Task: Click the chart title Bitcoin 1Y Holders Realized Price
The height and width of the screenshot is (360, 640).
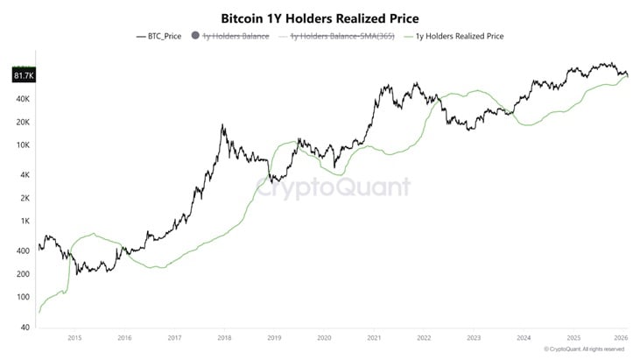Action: [x=320, y=17]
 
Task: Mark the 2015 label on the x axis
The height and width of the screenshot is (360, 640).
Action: [x=74, y=336]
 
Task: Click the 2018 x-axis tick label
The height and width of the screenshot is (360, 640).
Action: [x=224, y=336]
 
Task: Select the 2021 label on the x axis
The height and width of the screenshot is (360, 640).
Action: [x=374, y=336]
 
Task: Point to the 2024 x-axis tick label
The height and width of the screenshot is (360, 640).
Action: [x=524, y=336]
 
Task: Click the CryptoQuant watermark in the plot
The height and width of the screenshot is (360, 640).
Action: [x=333, y=187]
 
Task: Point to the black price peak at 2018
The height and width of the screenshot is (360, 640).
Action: [x=223, y=125]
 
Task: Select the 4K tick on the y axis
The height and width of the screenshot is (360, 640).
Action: [x=24, y=175]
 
